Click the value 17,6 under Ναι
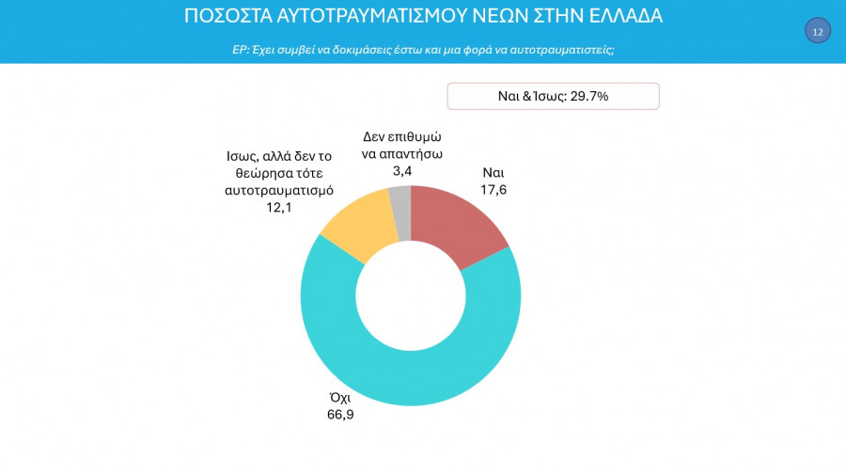[493, 190]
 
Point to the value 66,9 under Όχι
[339, 414]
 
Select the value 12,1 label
[279, 207]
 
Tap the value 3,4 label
[402, 171]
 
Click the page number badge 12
[817, 31]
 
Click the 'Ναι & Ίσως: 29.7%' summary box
[553, 96]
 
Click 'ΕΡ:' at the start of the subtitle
[241, 49]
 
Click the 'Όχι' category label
[339, 397]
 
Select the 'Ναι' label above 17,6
[493, 173]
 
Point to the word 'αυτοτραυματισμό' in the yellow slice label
[279, 190]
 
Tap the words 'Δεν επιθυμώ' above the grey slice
[402, 136]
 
